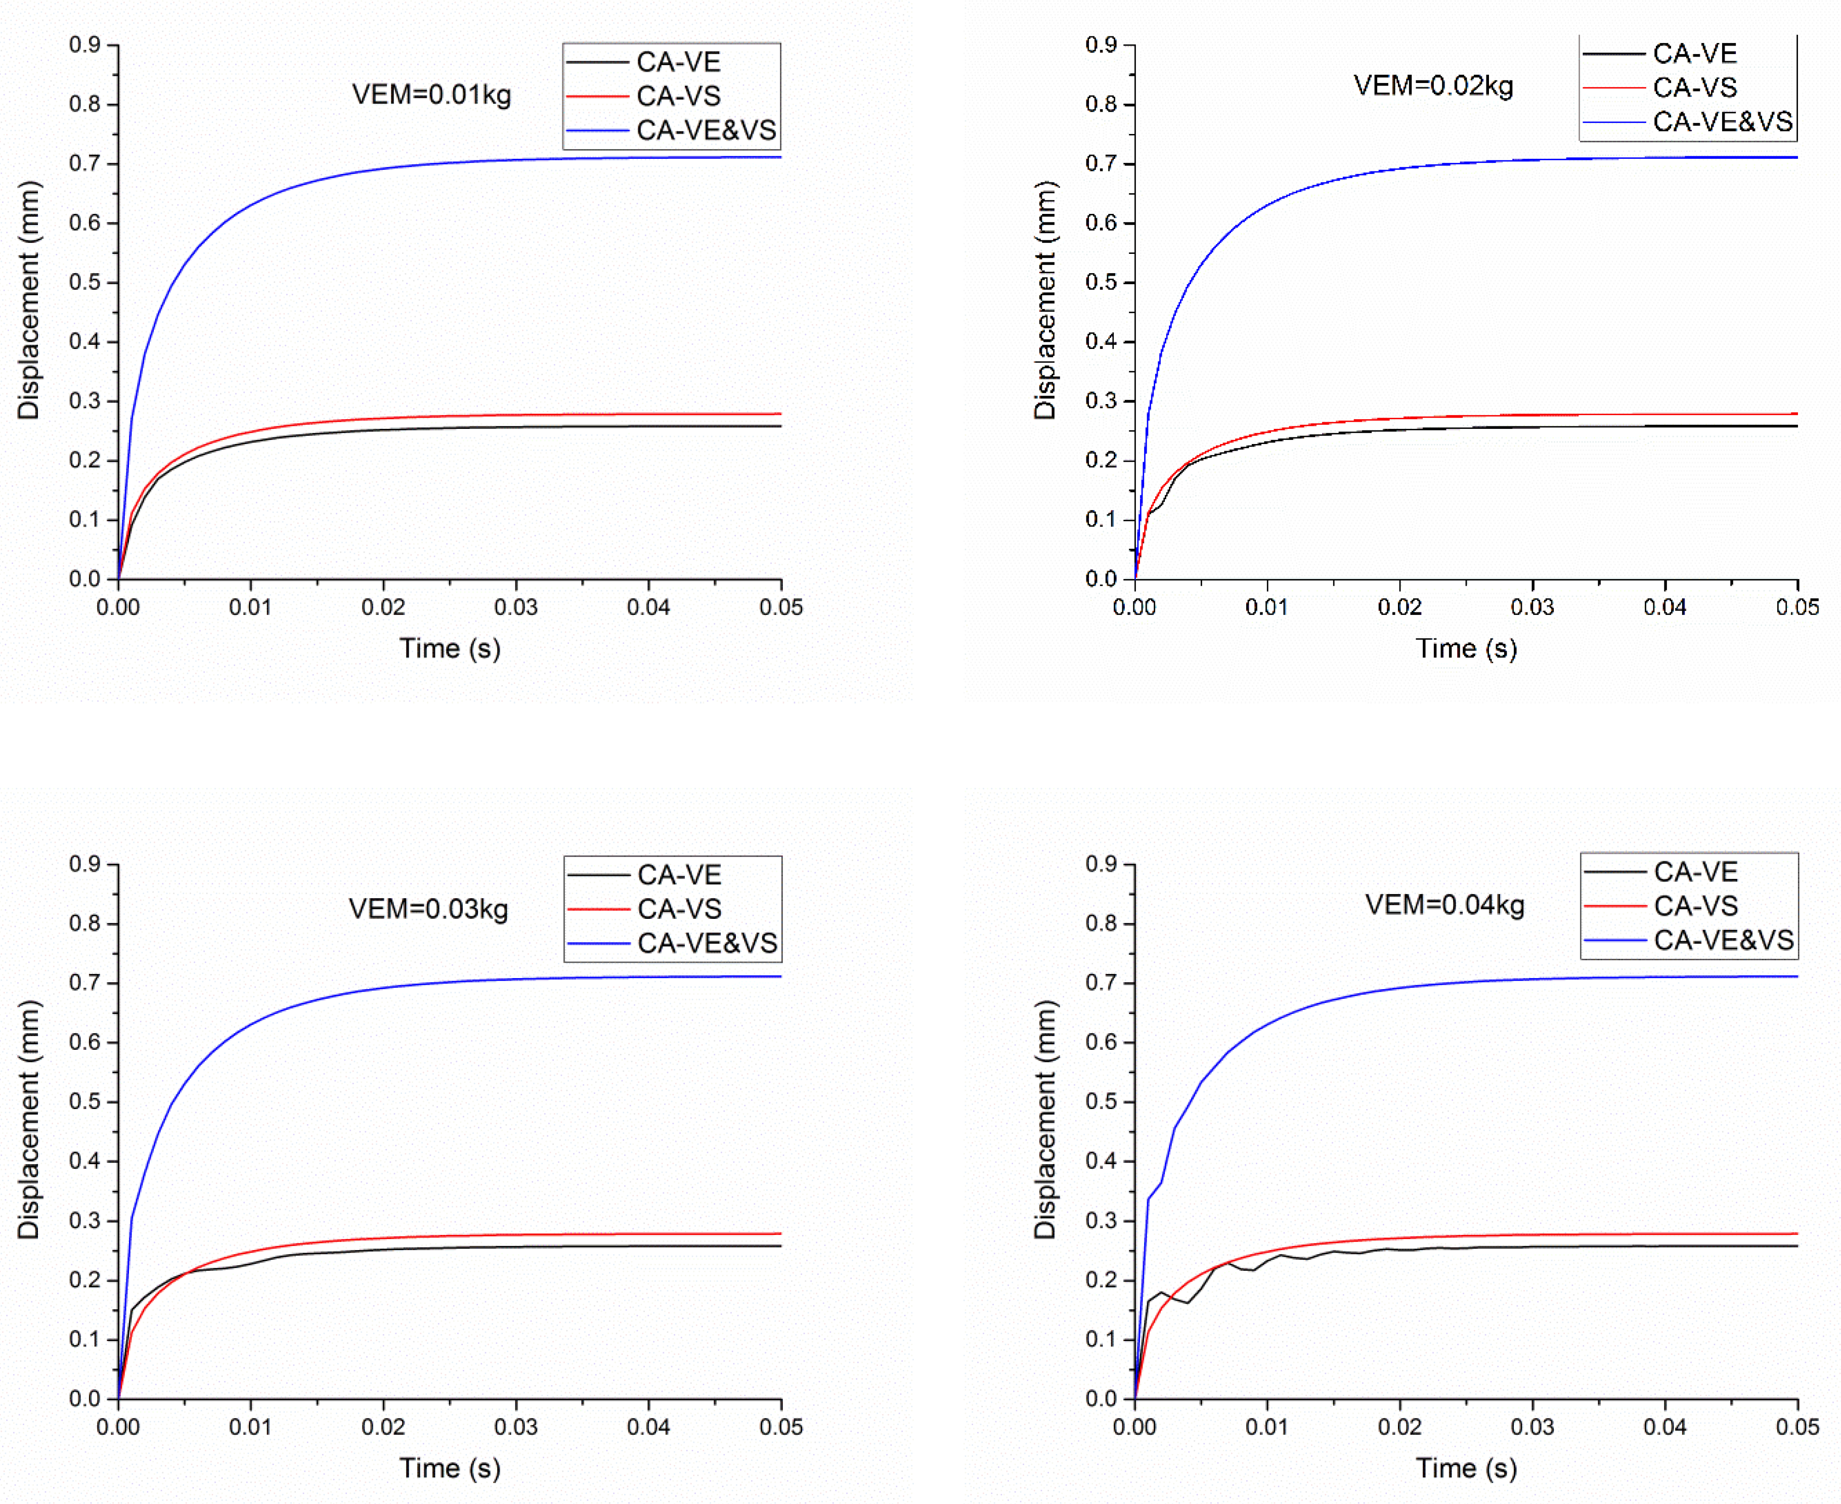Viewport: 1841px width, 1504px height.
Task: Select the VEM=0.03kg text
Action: [428, 909]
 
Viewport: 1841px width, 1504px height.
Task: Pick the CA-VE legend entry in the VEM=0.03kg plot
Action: [679, 875]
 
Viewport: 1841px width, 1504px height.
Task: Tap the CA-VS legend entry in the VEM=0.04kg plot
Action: [1695, 906]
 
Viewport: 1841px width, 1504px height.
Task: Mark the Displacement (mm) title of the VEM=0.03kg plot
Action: [29, 1119]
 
